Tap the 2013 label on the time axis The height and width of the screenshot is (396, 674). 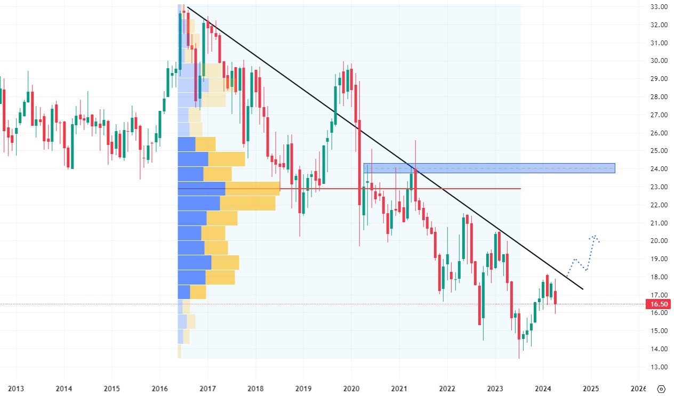16,389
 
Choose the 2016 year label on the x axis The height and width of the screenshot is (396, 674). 159,389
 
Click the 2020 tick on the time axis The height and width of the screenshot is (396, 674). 351,389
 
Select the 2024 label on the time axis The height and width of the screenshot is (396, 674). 543,389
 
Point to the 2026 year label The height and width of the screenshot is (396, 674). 638,389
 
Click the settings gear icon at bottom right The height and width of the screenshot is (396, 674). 662,389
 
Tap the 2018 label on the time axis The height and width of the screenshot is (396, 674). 255,389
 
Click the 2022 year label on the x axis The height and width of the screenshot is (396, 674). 447,389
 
